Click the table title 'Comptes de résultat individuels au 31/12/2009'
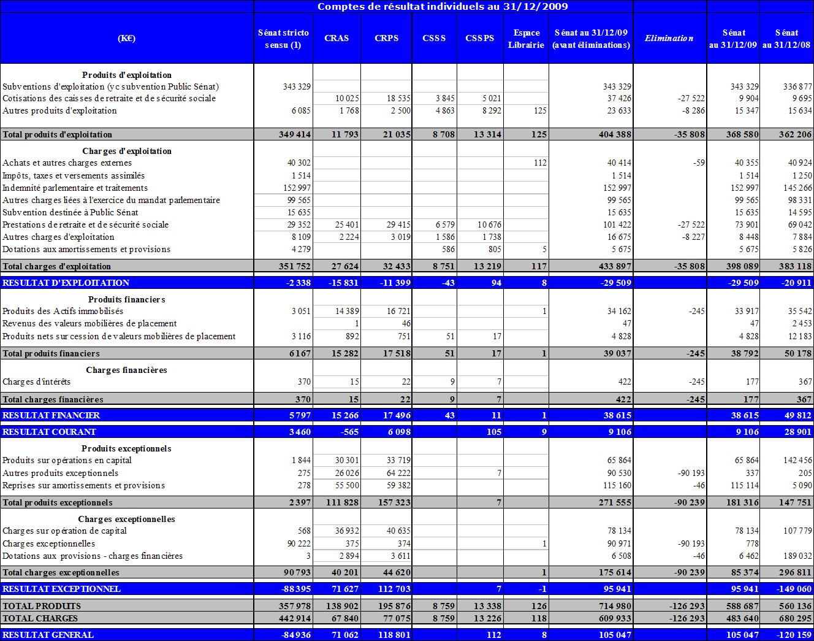coord(443,7)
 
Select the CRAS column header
coord(337,38)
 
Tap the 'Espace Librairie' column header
coord(526,39)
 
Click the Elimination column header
coord(669,38)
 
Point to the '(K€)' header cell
coord(127,38)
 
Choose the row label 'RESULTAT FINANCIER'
coord(51,415)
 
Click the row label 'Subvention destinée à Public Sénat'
coord(70,212)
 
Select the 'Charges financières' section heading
coord(126,370)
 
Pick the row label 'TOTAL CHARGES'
coord(40,618)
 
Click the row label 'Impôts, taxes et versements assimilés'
coord(74,175)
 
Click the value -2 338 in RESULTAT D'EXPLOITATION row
coord(299,283)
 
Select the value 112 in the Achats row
coord(540,163)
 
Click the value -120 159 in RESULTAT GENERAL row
coord(794,635)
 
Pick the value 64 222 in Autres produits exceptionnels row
coord(398,473)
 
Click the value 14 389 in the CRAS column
coord(347,311)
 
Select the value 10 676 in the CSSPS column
coord(490,225)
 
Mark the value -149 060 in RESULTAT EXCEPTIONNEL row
coord(794,589)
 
